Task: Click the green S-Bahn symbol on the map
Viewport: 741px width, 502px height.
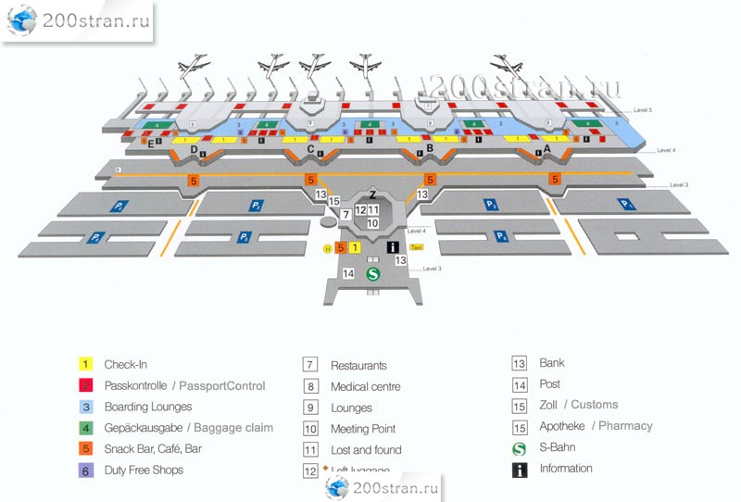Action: (x=373, y=274)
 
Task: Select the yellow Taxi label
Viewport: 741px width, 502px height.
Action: (x=417, y=248)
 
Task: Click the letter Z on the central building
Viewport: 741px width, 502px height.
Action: (x=372, y=195)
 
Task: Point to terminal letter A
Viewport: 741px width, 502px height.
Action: (x=546, y=147)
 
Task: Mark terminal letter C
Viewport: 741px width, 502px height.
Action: (x=311, y=148)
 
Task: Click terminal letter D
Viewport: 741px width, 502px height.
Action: (x=194, y=149)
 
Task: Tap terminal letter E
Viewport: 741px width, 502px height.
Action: (x=150, y=143)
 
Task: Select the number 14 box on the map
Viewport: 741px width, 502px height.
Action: (x=348, y=273)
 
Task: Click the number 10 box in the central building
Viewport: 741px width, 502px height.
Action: (x=372, y=223)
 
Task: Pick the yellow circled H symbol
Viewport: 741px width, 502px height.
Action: (x=327, y=248)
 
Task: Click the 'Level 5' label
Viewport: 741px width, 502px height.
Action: (x=644, y=110)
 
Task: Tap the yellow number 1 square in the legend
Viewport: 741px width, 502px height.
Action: (x=85, y=364)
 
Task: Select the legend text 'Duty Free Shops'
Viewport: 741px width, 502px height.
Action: (x=144, y=470)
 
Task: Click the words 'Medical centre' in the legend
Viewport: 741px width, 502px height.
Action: (x=366, y=386)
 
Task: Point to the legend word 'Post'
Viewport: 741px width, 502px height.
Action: (x=549, y=383)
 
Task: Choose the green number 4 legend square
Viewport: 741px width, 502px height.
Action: (x=85, y=428)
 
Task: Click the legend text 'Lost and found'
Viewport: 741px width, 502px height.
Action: (x=366, y=450)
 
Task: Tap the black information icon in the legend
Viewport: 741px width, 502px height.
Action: (x=521, y=469)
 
